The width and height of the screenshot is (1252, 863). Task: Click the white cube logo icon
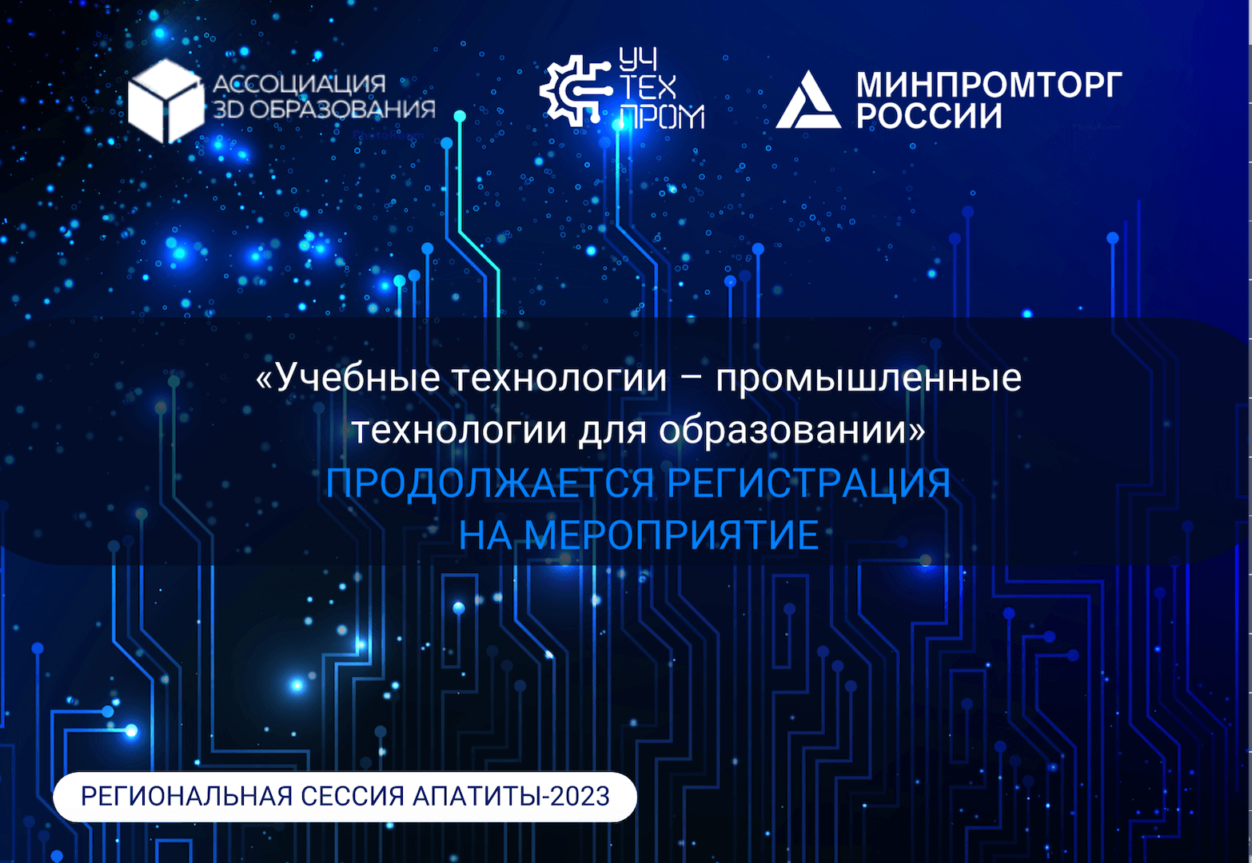(x=166, y=101)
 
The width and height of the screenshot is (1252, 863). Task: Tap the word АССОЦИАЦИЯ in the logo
(x=299, y=84)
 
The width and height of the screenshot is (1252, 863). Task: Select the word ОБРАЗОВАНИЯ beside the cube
(x=342, y=109)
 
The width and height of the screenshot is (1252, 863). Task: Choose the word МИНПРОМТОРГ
(x=989, y=84)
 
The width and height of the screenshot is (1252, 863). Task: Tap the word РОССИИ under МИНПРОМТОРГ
(x=929, y=115)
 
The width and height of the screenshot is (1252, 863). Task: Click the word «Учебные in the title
(x=348, y=378)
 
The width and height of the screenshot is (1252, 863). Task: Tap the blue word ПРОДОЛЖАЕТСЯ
(x=489, y=483)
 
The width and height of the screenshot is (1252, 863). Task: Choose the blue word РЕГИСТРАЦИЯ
(x=809, y=483)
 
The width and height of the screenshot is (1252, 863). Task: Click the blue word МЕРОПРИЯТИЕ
(x=672, y=535)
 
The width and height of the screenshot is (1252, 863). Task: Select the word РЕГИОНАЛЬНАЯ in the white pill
(x=187, y=797)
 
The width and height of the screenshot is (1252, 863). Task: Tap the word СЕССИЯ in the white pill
(x=353, y=797)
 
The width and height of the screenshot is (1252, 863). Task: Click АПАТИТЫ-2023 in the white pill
(x=511, y=797)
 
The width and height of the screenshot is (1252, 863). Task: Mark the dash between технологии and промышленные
(x=692, y=380)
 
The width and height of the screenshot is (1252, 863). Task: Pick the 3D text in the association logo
(x=228, y=109)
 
